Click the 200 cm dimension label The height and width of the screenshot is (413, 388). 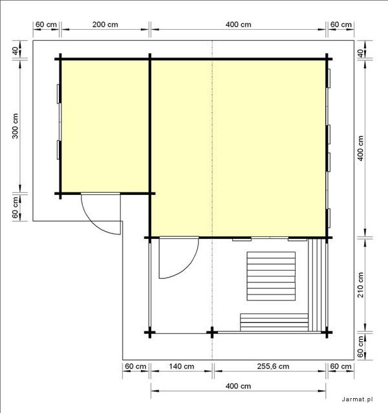tap(105, 25)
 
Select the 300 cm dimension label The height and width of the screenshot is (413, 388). tap(15, 126)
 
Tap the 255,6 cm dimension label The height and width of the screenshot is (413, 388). tap(273, 366)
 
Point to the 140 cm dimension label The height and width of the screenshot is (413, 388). tap(182, 366)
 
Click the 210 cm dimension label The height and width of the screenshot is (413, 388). tap(361, 285)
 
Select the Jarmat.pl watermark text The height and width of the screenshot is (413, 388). tap(357, 399)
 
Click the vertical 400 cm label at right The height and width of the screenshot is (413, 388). tap(361, 148)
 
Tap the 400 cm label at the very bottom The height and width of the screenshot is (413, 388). tap(239, 386)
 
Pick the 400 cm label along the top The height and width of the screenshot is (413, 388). tap(239, 25)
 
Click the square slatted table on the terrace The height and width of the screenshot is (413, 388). tap(271, 276)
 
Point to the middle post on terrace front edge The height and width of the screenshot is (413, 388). tap(212, 333)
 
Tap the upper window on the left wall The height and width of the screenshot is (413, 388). tap(59, 94)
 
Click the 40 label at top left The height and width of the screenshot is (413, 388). tap(16, 51)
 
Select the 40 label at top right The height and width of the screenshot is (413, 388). tap(361, 53)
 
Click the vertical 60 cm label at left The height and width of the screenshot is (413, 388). tap(16, 207)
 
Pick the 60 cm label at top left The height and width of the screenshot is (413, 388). tap(46, 25)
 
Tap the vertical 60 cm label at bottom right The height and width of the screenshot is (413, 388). tap(361, 346)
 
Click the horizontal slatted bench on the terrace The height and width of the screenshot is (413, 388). tap(274, 322)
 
